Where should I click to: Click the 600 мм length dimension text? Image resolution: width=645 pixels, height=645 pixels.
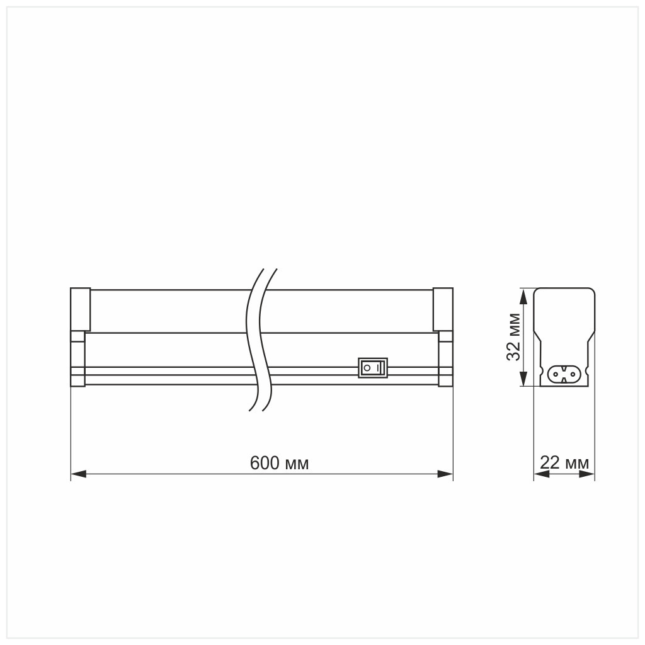tap(279, 464)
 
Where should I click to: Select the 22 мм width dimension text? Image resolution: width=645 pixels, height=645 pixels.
tap(564, 464)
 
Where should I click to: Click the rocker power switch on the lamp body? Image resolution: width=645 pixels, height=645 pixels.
tap(373, 367)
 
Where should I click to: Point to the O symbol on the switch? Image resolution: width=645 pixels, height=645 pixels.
tap(366, 367)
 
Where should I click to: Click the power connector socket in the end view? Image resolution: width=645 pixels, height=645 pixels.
tap(564, 374)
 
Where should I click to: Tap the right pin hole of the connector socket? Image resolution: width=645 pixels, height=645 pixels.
tap(572, 374)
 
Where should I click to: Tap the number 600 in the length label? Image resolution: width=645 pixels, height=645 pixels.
tap(264, 464)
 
